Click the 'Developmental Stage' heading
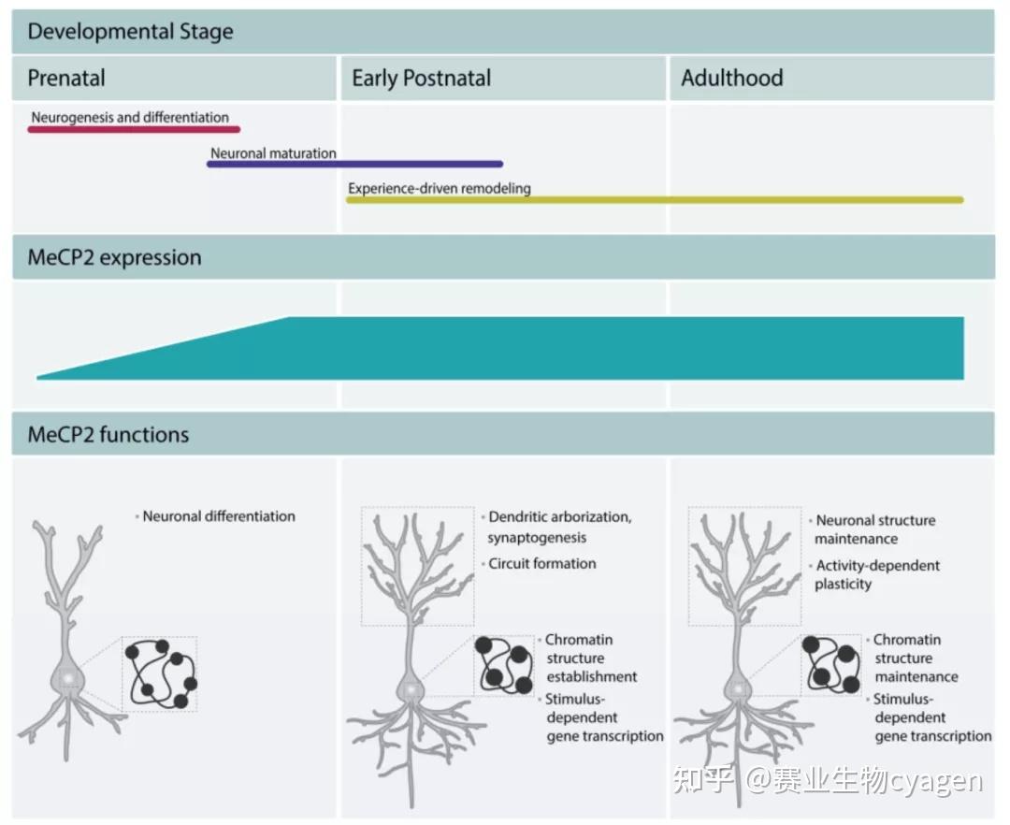130,32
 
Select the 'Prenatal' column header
66,78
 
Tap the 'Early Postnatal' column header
421,78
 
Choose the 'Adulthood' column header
731,78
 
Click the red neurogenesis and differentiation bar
134,129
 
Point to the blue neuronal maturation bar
354,164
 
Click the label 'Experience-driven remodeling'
440,188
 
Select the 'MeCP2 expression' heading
114,257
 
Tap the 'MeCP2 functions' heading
108,434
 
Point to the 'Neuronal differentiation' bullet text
219,515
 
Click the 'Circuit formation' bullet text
541,563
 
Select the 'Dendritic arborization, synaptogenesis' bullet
559,527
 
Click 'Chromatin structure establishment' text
591,658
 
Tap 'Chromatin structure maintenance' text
915,658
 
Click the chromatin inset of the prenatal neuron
160,673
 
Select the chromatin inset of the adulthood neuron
831,664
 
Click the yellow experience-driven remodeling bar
655,199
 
